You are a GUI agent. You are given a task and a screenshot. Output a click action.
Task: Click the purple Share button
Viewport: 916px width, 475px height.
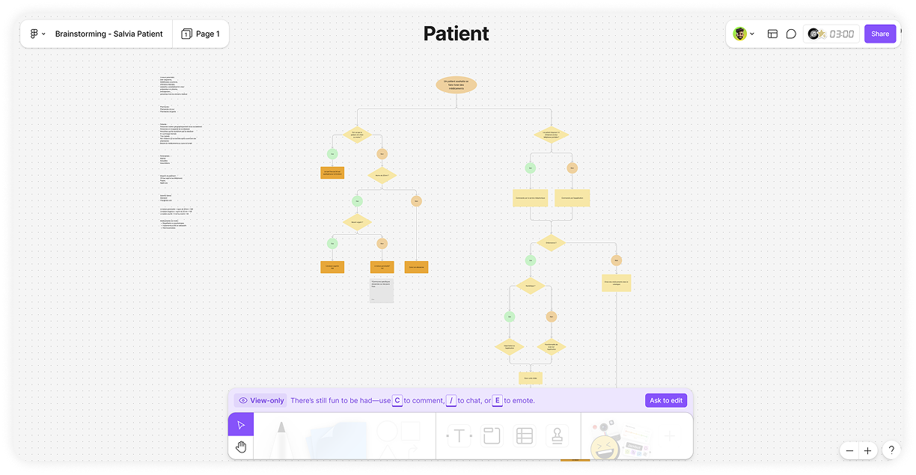(x=879, y=34)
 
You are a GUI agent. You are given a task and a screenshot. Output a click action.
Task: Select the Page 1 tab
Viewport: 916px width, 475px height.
(x=201, y=34)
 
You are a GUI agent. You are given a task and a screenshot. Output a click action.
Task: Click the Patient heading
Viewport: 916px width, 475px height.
(x=456, y=34)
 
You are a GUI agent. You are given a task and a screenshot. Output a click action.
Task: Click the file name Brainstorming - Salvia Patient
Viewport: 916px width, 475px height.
(x=109, y=34)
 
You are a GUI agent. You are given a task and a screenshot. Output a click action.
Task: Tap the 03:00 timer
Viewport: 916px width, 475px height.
(x=841, y=34)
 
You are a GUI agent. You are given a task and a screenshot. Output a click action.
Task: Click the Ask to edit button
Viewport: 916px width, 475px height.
(x=665, y=400)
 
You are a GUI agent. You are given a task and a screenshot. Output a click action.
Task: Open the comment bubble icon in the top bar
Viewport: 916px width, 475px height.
(x=791, y=34)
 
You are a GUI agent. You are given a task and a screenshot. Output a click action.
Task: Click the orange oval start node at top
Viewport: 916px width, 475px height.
(x=456, y=85)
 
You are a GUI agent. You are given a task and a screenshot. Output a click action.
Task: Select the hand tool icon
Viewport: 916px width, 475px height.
(x=241, y=447)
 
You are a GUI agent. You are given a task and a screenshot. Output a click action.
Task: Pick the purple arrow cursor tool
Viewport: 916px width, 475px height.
(x=241, y=425)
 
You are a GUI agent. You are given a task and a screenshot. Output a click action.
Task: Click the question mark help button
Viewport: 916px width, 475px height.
(x=891, y=450)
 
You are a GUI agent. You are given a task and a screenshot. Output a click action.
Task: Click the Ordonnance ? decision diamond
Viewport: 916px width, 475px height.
(x=550, y=242)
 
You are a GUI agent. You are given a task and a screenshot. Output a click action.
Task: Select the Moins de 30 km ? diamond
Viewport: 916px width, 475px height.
(x=381, y=176)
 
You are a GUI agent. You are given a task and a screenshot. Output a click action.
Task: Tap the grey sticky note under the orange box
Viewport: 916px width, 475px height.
(x=381, y=290)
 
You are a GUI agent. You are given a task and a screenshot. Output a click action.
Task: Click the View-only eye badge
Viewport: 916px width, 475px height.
(x=260, y=400)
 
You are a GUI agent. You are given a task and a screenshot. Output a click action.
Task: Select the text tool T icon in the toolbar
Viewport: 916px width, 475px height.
(x=459, y=436)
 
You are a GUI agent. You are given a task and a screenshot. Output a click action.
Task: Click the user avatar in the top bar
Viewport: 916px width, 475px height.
(x=739, y=34)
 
